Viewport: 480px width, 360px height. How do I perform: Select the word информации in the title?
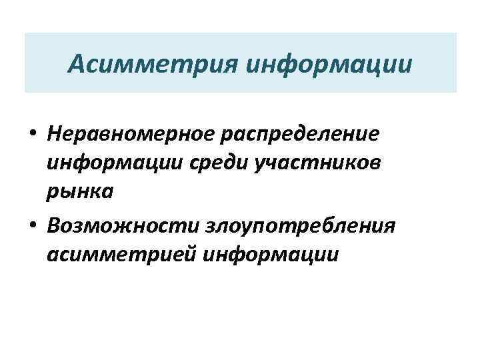329,64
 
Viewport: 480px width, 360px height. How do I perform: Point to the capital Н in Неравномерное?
55,134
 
